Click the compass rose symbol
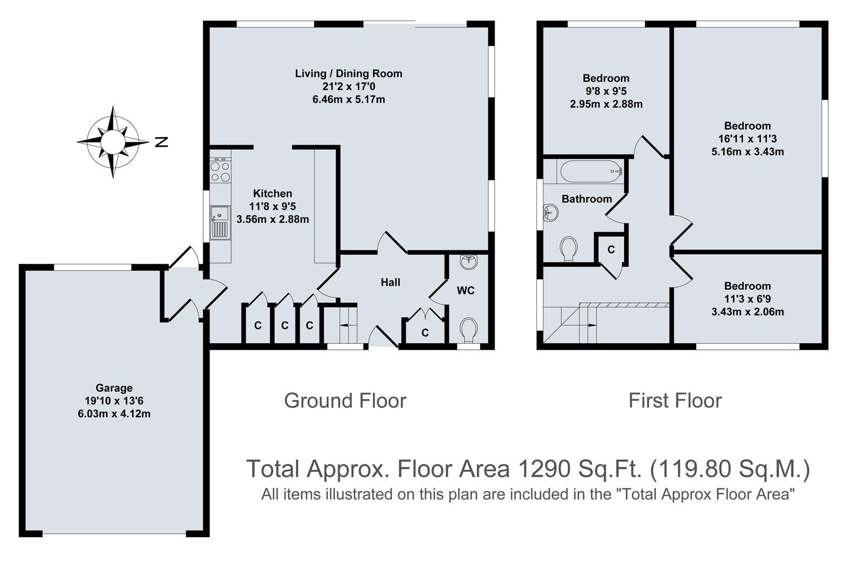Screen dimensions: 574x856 [113, 142]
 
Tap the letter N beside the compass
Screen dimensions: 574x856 [161, 142]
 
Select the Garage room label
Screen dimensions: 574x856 [114, 388]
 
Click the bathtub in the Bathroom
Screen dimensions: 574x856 [590, 171]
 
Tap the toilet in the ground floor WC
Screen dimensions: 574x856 [468, 330]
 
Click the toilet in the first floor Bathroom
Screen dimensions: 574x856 [568, 249]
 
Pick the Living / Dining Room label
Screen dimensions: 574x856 [348, 74]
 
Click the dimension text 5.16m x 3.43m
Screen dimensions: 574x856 [748, 151]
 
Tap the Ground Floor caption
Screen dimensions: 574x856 [345, 401]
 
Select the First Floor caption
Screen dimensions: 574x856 [675, 401]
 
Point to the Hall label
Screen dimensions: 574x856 [390, 282]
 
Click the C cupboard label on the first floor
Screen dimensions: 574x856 [611, 249]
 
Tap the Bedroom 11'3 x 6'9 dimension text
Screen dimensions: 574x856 [747, 299]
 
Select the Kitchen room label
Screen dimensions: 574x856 [272, 193]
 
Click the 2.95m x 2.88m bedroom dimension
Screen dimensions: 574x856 [606, 104]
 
